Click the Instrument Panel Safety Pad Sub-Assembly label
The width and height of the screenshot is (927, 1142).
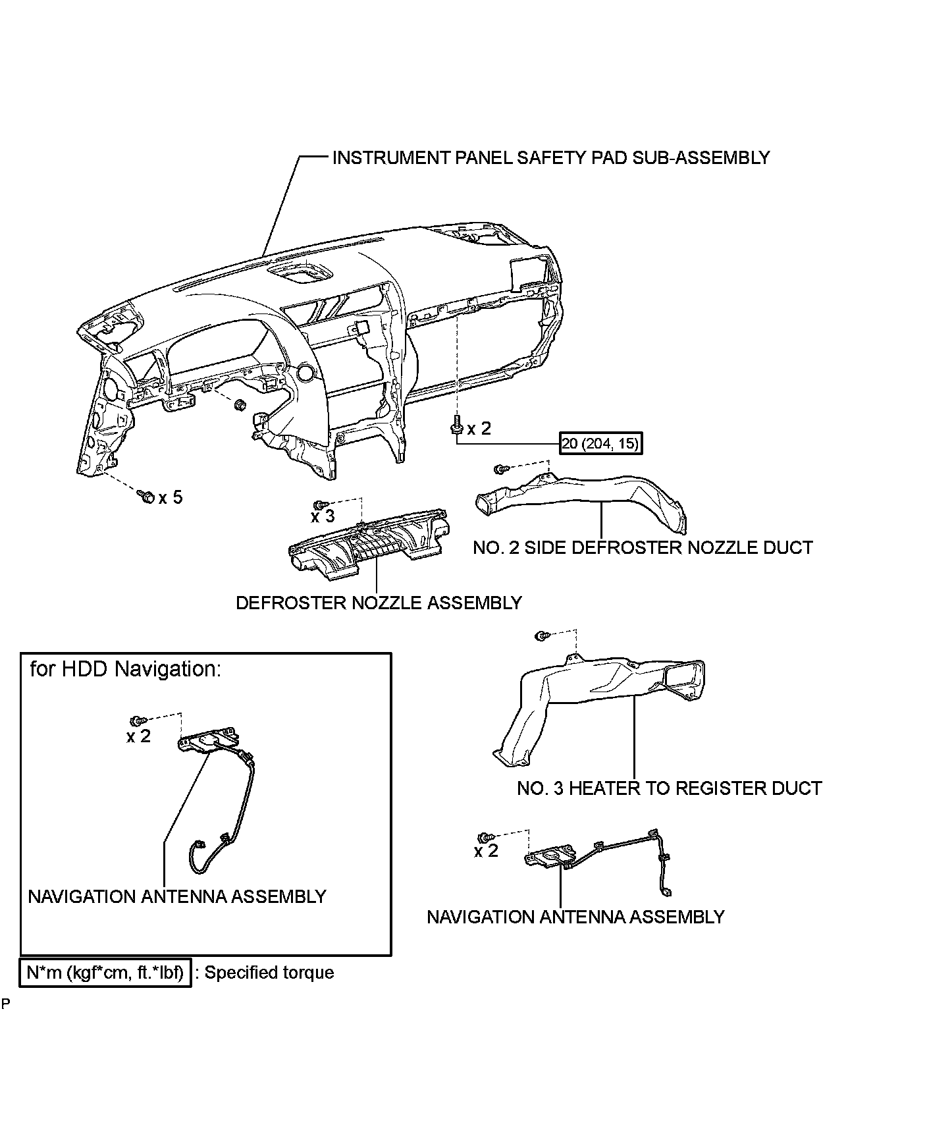(550, 158)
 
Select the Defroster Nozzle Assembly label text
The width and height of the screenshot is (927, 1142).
(379, 603)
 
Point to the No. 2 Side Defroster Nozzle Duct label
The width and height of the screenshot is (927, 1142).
(643, 547)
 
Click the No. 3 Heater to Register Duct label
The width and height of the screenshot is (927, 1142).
(669, 788)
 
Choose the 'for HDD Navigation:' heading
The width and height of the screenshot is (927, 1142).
(126, 669)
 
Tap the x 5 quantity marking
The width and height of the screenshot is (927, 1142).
(171, 497)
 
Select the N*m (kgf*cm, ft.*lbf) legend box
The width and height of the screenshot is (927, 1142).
(105, 973)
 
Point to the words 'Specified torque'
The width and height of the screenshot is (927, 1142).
(269, 973)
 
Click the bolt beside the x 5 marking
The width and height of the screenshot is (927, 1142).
(146, 496)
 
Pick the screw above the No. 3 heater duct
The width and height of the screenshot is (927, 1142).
(541, 636)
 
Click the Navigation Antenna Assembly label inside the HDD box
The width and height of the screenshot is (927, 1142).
(177, 897)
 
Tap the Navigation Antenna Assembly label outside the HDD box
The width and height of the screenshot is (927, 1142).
(575, 917)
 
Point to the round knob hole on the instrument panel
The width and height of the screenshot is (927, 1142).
(305, 373)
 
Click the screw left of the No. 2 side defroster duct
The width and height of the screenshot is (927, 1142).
(501, 469)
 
